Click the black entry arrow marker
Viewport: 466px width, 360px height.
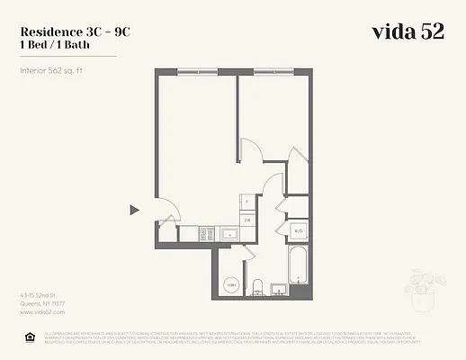[x=134, y=210]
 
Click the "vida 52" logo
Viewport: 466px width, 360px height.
[x=408, y=31]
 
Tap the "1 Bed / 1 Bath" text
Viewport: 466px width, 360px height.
[x=56, y=43]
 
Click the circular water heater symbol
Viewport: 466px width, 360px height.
[x=231, y=285]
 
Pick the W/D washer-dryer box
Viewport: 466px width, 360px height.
[x=298, y=231]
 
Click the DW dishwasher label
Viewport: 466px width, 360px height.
[x=247, y=220]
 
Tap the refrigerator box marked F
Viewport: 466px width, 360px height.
[x=247, y=202]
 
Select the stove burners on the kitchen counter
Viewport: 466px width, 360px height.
[x=203, y=233]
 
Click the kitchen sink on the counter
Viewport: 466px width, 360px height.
[x=229, y=233]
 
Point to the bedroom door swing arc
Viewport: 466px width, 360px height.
[x=251, y=149]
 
